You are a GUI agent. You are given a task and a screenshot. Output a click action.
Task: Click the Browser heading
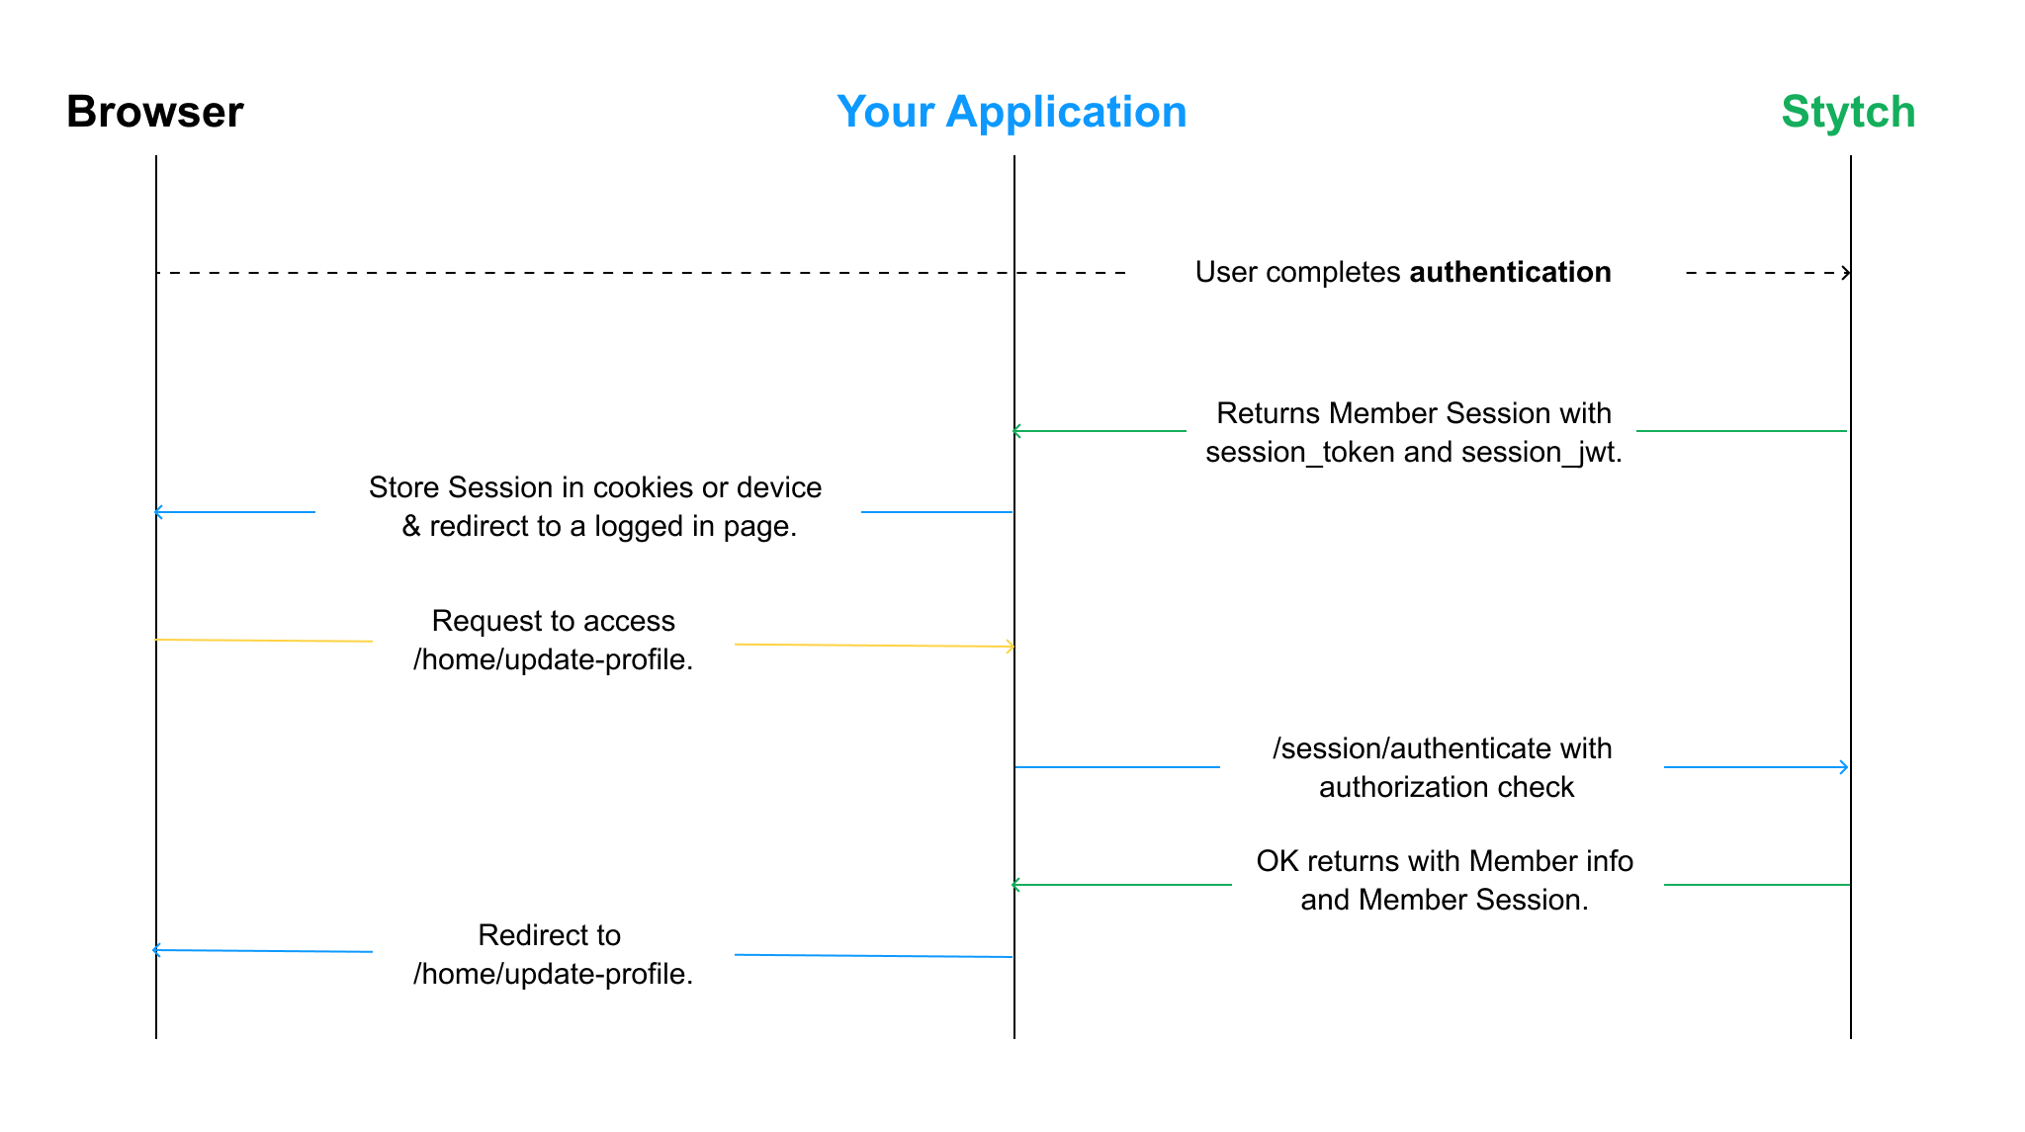pos(155,112)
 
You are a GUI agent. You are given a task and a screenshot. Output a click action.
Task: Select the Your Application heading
pos(1012,112)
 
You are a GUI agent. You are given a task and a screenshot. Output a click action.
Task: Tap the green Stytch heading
pos(1848,112)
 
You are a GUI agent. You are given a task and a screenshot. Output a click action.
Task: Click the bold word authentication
pos(1510,272)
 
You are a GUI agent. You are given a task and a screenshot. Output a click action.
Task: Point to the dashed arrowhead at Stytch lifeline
pos(1846,273)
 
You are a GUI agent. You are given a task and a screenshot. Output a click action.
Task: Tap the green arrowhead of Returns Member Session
pos(1016,431)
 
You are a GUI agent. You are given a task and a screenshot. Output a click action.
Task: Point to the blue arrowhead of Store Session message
pos(158,512)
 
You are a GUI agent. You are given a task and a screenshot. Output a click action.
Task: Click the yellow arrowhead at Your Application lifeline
pos(1010,647)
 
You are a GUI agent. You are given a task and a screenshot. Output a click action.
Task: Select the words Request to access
pos(554,621)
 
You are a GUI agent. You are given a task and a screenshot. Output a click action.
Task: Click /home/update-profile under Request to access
pos(553,659)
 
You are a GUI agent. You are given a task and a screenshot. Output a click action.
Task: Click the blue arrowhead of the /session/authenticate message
pos(1844,767)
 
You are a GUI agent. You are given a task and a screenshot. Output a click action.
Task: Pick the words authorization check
pos(1447,787)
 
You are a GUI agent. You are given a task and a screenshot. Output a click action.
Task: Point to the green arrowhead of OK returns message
pos(1016,885)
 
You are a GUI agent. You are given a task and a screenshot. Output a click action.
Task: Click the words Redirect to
pos(550,935)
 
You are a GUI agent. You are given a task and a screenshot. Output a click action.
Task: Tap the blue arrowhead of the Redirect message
pos(156,950)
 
